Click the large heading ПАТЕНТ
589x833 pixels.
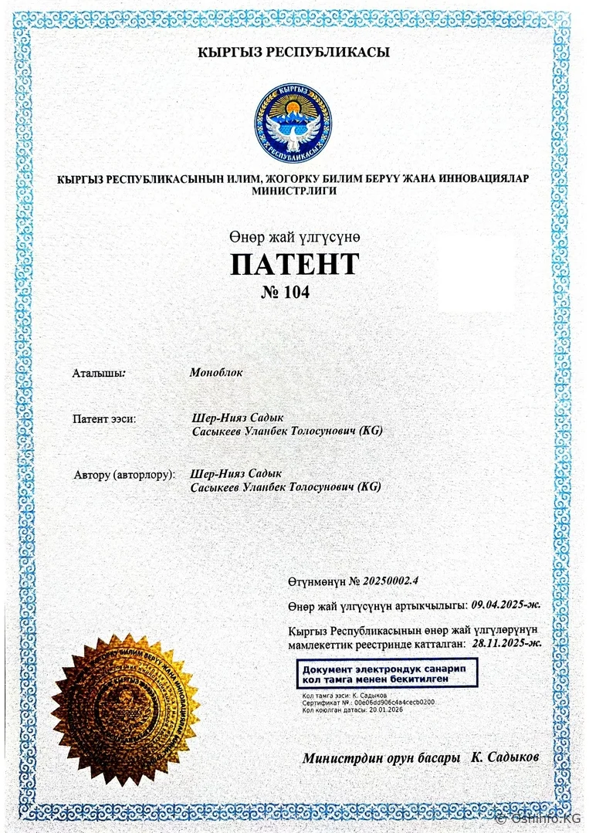[x=294, y=264]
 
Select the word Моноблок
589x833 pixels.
[x=216, y=372]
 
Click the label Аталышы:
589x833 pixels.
[x=99, y=373]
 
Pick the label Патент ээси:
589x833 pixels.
[x=104, y=418]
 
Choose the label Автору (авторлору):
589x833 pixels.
[x=124, y=473]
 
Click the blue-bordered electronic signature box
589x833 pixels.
[x=388, y=672]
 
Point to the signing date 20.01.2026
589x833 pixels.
[x=386, y=709]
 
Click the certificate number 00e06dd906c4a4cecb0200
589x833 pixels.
[x=394, y=703]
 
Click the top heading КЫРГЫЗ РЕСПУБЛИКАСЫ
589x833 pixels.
[x=294, y=52]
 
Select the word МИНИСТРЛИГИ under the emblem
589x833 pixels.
[x=294, y=190]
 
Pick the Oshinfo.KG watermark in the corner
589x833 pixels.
[x=540, y=819]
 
